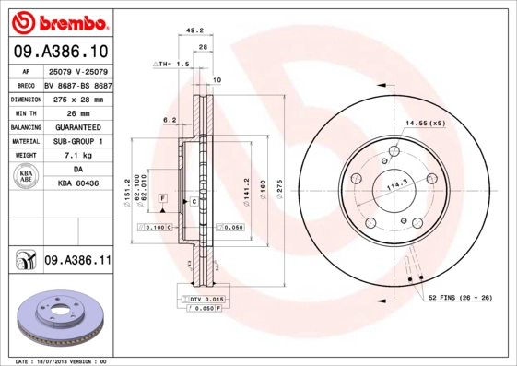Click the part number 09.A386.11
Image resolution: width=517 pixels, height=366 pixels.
(x=76, y=261)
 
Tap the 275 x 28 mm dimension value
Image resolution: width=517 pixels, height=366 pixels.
(x=76, y=98)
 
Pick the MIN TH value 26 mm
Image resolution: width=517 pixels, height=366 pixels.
(x=76, y=112)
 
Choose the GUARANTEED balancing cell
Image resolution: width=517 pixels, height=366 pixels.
(x=76, y=126)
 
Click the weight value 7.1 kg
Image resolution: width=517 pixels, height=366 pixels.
(x=76, y=156)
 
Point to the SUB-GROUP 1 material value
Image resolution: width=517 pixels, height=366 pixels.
(x=76, y=141)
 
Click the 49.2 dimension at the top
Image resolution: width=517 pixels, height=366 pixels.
(x=194, y=30)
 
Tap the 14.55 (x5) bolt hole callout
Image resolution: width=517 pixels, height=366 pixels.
(x=426, y=123)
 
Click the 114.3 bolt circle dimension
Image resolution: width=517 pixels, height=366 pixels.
(x=396, y=183)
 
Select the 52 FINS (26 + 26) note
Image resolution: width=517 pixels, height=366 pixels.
(x=459, y=297)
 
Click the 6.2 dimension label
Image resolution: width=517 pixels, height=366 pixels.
(x=169, y=120)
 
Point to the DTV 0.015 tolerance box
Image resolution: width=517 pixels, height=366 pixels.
(x=203, y=300)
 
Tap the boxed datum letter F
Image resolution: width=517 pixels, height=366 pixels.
(x=161, y=199)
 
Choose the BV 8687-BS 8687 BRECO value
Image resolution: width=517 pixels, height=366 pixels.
(x=78, y=83)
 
